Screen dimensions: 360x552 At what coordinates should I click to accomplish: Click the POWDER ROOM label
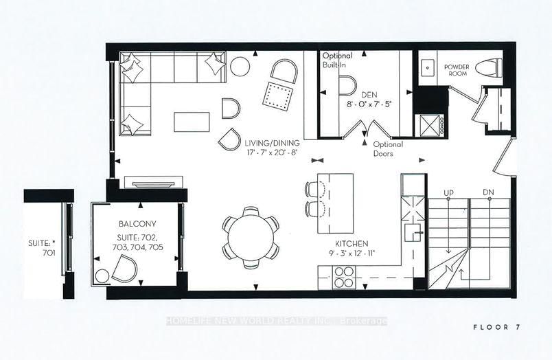[x=457, y=71]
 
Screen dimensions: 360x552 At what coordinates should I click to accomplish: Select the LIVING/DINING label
[x=272, y=143]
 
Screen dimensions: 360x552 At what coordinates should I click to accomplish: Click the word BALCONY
[x=137, y=223]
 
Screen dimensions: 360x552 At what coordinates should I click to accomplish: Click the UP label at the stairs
[x=449, y=192]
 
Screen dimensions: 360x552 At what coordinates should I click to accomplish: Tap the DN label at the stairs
[x=488, y=192]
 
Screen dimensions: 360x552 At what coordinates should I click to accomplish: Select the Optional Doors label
[x=388, y=149]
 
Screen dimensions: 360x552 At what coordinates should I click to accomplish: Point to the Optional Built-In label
[x=337, y=60]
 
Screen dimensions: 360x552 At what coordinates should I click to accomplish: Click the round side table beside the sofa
[x=240, y=66]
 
